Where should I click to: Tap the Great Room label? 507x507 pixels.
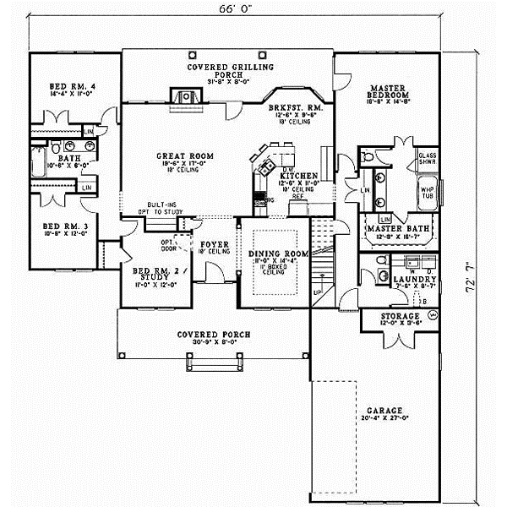(x=183, y=156)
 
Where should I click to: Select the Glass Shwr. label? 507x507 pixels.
(x=425, y=159)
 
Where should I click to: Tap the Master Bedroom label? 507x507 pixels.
(x=389, y=91)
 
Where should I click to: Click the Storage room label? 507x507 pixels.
(x=395, y=317)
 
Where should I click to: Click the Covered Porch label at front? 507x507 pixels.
(x=213, y=334)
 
